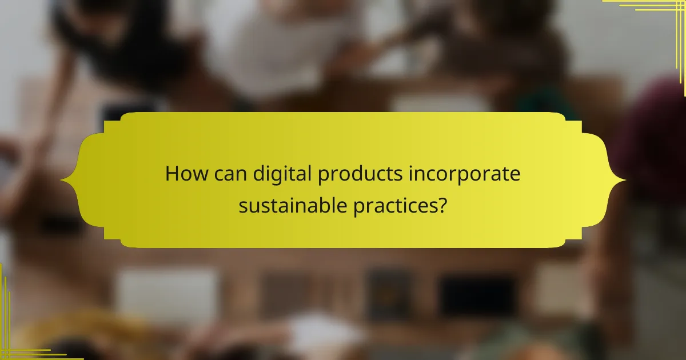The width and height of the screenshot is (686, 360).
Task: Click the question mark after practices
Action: tap(442, 204)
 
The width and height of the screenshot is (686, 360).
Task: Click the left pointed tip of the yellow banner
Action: tap(62, 181)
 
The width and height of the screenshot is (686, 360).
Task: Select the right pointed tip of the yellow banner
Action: tap(624, 181)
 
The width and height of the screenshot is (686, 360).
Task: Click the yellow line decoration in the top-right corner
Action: tap(657, 11)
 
